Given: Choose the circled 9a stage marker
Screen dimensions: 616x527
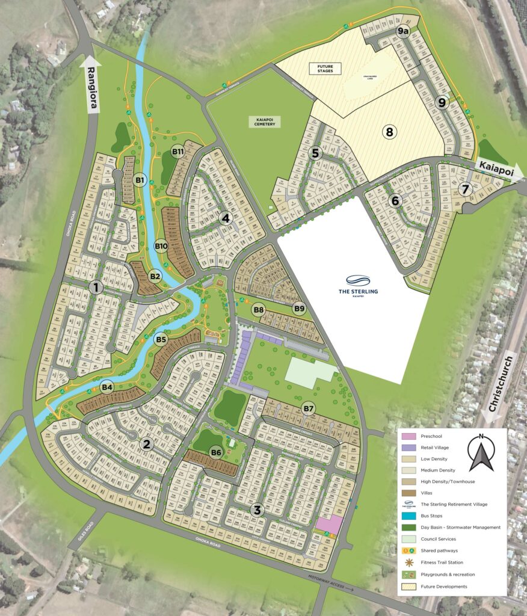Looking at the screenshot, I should coord(402,29).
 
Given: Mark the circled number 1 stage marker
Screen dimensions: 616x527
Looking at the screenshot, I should coord(95,288).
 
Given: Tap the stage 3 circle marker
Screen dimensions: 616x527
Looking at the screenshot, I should coord(257,510).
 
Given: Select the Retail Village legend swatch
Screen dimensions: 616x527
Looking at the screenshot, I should coord(410,448).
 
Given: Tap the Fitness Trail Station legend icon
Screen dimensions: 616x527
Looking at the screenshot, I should coord(410,562).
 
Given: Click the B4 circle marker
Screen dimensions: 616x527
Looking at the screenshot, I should coord(107,387).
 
